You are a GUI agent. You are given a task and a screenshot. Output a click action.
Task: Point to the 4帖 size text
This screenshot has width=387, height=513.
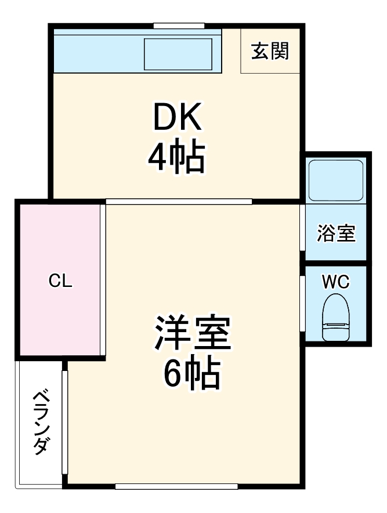pos(176,158)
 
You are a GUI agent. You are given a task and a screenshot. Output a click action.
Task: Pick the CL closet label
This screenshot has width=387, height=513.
pos(60,282)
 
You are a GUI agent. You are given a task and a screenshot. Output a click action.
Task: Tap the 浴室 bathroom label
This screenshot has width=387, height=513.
pos(336,234)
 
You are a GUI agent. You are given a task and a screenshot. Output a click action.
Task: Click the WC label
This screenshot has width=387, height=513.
pos(336,282)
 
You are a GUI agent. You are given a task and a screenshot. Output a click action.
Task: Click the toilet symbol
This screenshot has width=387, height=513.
pos(335,318)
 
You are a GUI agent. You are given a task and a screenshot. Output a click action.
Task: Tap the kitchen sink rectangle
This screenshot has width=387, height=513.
pos(178,54)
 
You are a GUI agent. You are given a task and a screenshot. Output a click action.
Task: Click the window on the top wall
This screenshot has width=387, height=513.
pos(179,26)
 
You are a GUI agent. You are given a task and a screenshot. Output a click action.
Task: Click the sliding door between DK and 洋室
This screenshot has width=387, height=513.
pos(179,202)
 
